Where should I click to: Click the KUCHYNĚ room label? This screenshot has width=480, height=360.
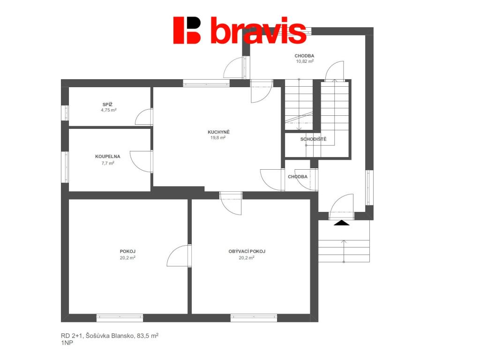coord(218,132)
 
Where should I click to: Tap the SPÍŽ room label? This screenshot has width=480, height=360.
coord(107,105)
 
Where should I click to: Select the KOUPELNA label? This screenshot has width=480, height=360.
coord(108,157)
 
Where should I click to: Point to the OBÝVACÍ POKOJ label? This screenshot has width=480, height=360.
coord(247,251)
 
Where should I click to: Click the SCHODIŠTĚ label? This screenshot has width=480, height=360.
coord(313,139)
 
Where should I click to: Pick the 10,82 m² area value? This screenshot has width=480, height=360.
coord(305,61)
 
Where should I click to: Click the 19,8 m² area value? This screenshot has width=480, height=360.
coord(218,138)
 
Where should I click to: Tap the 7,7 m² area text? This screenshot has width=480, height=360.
coord(108,163)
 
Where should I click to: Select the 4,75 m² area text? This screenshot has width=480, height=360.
coord(109,110)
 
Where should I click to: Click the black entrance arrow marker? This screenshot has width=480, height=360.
coord(342,223)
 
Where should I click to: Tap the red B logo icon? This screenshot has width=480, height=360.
coord(187,30)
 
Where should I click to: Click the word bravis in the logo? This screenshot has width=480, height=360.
coord(258,30)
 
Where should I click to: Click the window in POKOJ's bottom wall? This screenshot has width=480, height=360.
coord(120,318)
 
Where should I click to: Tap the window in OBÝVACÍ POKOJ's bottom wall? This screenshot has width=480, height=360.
coord(254,318)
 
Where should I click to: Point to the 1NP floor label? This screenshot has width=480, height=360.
coord(67,343)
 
